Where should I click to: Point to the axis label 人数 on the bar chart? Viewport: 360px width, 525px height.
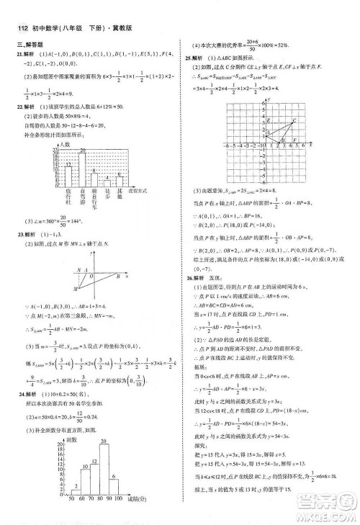tap(66, 145)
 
